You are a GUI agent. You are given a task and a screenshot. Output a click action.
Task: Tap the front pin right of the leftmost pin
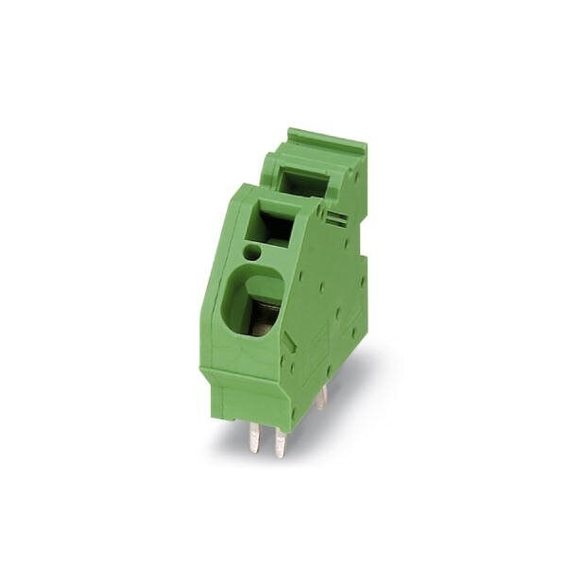(x=280, y=439)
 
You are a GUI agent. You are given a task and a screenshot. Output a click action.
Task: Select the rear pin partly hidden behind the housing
(x=321, y=397)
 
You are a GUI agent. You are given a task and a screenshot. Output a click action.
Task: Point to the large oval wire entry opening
(x=255, y=302)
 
